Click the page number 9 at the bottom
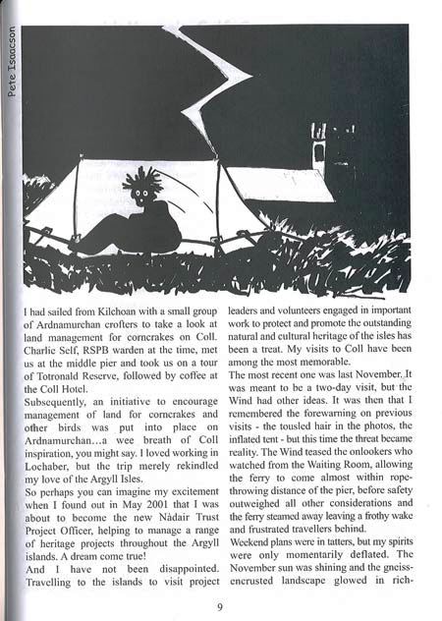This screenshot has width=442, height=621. tap(220, 606)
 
